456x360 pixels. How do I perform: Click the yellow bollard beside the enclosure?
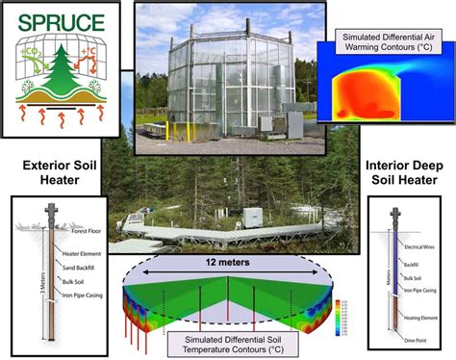(x=166, y=129)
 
